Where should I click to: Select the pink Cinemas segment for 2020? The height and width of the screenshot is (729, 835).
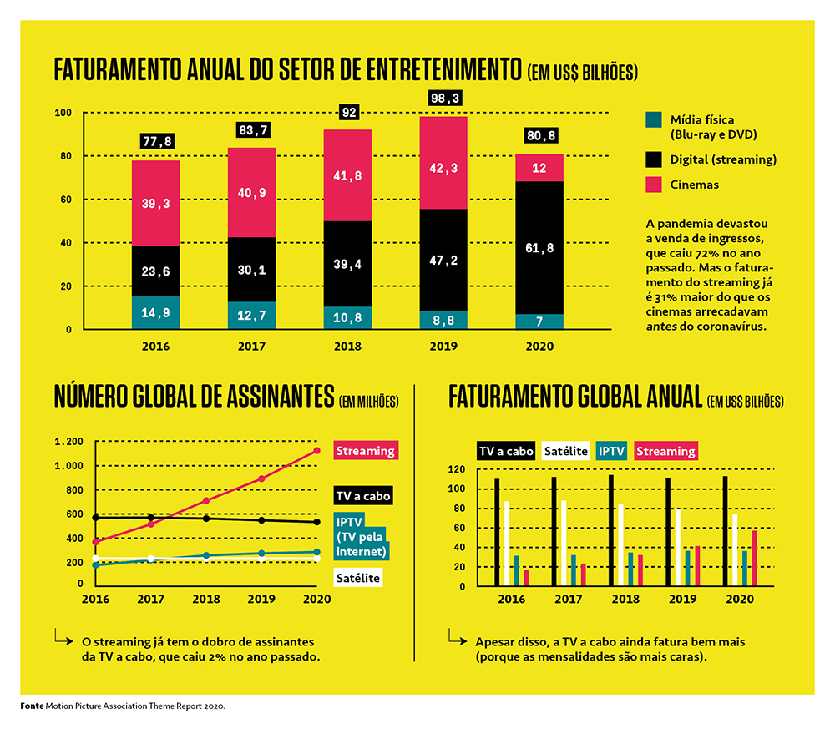click(x=539, y=168)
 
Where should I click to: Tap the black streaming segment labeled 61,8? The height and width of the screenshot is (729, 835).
click(x=539, y=247)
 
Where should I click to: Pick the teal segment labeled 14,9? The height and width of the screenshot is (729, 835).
click(x=156, y=313)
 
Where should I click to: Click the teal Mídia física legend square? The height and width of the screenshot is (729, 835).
click(x=654, y=120)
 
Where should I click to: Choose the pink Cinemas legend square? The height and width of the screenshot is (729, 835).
click(x=654, y=185)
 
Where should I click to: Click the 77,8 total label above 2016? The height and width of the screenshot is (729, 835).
click(x=156, y=142)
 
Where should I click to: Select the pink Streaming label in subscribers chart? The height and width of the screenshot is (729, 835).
click(x=365, y=451)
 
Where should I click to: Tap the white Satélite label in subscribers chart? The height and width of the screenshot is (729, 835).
click(x=358, y=577)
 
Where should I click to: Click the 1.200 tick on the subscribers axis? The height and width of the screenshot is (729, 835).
click(x=68, y=442)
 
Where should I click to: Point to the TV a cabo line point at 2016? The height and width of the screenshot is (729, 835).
click(x=97, y=518)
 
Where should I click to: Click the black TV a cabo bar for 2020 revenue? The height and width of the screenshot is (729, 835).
click(x=724, y=531)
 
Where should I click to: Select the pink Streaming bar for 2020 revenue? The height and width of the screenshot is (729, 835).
click(x=754, y=558)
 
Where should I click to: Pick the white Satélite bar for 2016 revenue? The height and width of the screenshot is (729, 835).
click(x=506, y=544)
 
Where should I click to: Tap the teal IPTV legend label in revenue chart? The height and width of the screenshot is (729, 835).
click(x=611, y=451)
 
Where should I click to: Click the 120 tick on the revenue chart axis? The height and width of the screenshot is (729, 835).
click(x=456, y=469)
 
